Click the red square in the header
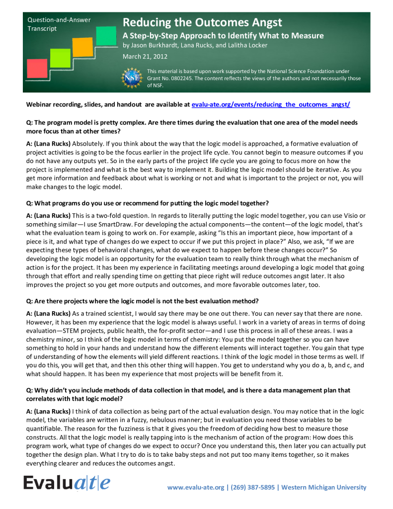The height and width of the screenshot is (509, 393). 37,68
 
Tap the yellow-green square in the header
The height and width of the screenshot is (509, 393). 61,57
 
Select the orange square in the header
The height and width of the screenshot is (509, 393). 83,47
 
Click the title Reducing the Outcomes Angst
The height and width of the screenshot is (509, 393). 202,22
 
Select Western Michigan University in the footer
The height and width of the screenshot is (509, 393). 324,487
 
